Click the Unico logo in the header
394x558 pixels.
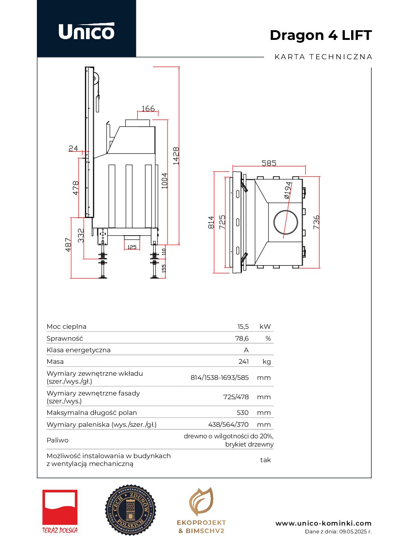click(x=86, y=31)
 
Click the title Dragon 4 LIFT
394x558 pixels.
click(x=321, y=35)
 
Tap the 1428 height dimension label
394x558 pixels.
click(x=176, y=156)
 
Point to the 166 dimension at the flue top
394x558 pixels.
click(x=148, y=108)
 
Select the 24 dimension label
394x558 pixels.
click(x=73, y=148)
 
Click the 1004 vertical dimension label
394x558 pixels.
click(x=165, y=181)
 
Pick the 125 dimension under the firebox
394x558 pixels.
click(x=132, y=247)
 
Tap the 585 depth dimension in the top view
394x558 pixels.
click(x=269, y=163)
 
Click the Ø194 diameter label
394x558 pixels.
click(x=287, y=190)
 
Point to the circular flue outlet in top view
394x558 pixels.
click(x=286, y=222)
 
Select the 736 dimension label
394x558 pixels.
click(x=316, y=222)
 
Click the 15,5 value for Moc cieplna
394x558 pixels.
click(x=243, y=327)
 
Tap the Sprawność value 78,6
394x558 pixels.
click(x=242, y=338)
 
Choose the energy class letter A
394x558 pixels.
click(x=246, y=350)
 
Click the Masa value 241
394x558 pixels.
click(x=244, y=362)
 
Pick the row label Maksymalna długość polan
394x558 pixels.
click(x=92, y=413)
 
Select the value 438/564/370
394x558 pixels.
click(x=228, y=425)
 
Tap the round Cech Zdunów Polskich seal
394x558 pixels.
click(x=130, y=510)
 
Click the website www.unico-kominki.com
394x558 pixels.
click(x=323, y=523)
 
